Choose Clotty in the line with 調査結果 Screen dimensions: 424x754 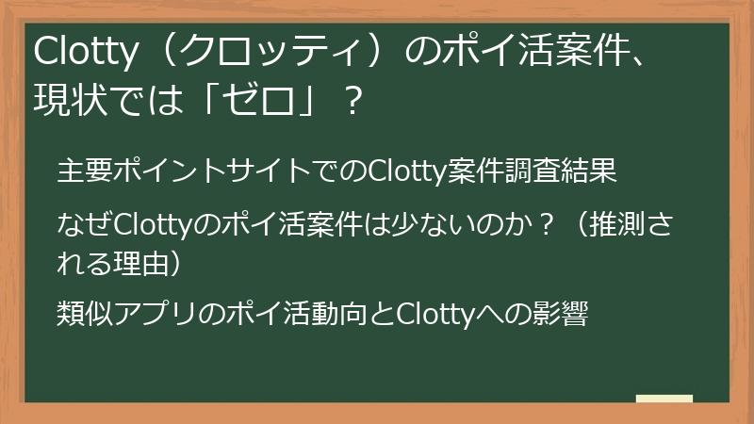pos(402,172)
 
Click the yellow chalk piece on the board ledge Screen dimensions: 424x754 pos(664,400)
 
